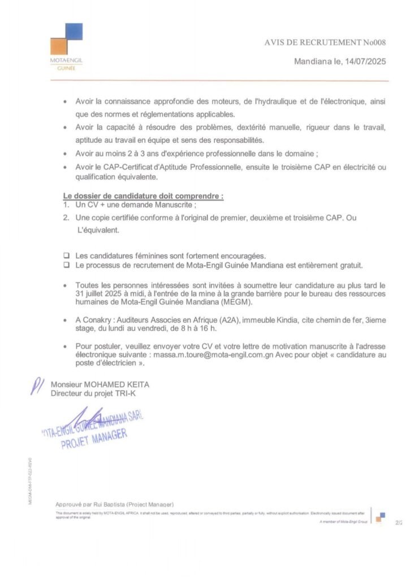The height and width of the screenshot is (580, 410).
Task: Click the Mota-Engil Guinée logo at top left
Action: pos(66,45)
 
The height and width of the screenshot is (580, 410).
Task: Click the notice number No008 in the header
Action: pos(374,42)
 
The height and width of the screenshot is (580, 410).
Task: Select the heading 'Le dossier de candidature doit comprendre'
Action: pos(143,196)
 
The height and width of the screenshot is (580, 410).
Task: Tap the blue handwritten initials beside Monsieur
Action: pos(38,386)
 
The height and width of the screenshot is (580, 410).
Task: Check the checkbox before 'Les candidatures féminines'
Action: pos(66,255)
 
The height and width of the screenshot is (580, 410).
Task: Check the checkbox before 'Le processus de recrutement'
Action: pos(66,265)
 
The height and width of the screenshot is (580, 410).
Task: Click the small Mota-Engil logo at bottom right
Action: pos(381,517)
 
